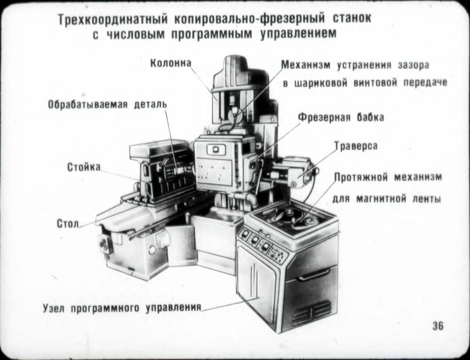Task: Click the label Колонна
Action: (171, 63)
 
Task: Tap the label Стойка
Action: (84, 167)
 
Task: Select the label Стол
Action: (68, 223)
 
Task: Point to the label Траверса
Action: (356, 146)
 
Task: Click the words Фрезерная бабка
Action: (341, 118)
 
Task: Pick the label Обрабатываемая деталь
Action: (108, 104)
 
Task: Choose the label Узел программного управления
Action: (122, 308)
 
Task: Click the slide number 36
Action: (438, 325)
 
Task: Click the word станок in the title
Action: (353, 18)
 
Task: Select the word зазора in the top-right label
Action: (413, 65)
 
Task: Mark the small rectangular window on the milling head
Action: (216, 150)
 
